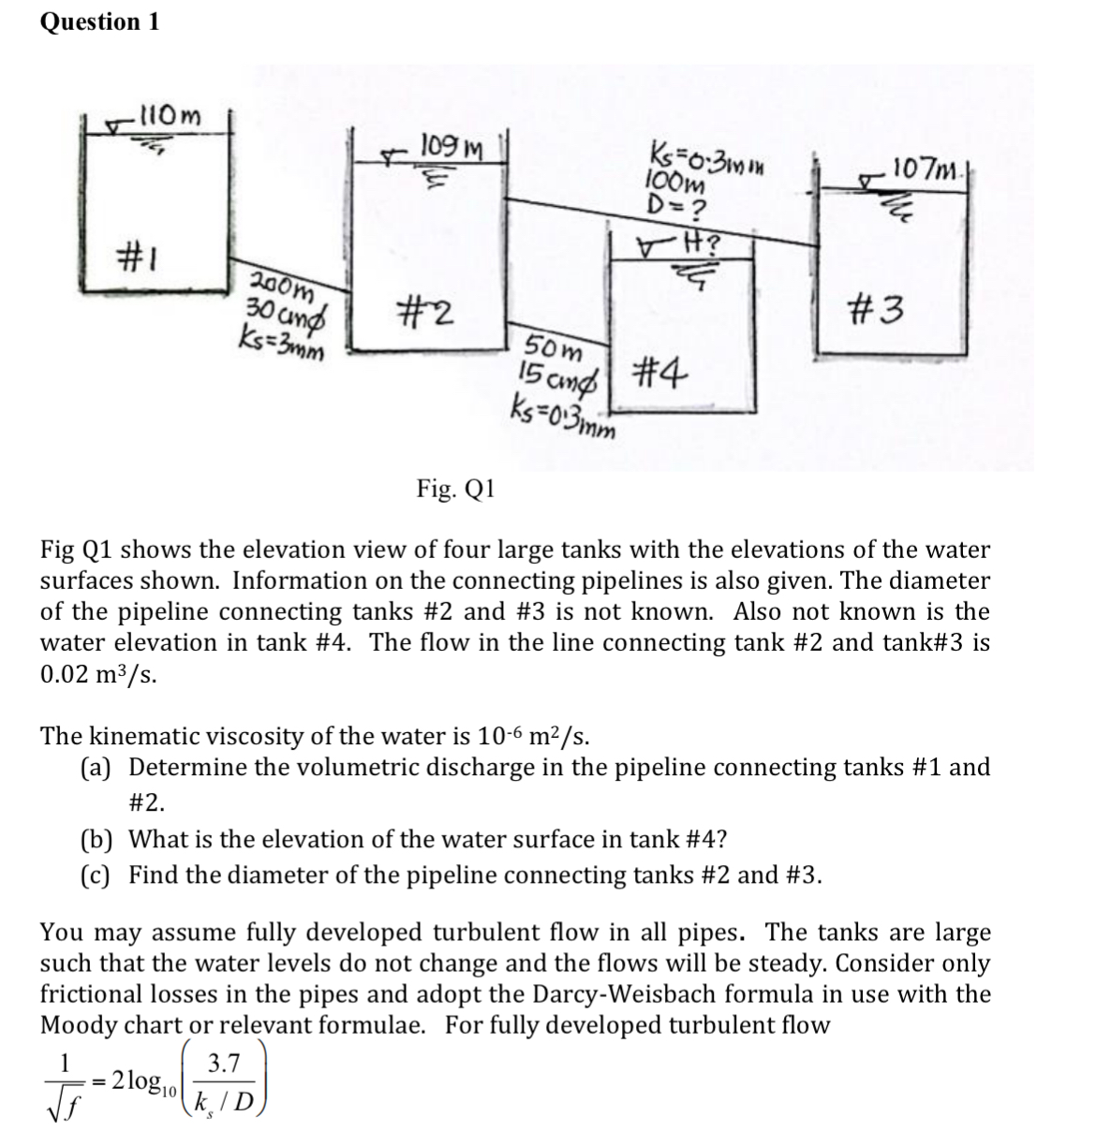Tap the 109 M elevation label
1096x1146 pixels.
point(452,147)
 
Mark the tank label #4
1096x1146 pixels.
point(660,373)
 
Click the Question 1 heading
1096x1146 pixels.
point(99,22)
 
